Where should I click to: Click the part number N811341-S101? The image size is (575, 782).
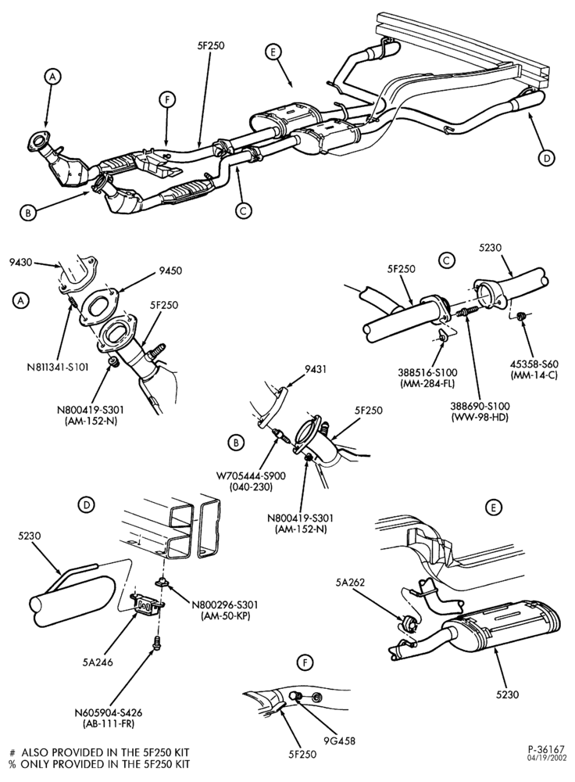click(58, 368)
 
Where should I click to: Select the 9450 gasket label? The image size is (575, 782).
click(170, 271)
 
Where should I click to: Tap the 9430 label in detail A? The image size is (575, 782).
click(21, 262)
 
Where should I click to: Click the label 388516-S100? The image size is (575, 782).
click(427, 372)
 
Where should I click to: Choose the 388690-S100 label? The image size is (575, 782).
click(480, 407)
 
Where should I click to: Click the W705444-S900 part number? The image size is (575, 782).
click(251, 475)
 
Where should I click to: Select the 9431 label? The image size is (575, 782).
click(315, 370)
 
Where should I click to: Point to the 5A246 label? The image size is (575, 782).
click(98, 662)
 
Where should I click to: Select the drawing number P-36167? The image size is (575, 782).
click(546, 749)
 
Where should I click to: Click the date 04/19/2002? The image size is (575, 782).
click(547, 758)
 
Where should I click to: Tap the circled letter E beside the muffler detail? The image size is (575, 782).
click(494, 508)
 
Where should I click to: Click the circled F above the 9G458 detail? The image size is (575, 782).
click(305, 663)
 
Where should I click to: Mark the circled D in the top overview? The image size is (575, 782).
click(547, 158)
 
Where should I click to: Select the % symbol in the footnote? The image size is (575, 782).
click(12, 763)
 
